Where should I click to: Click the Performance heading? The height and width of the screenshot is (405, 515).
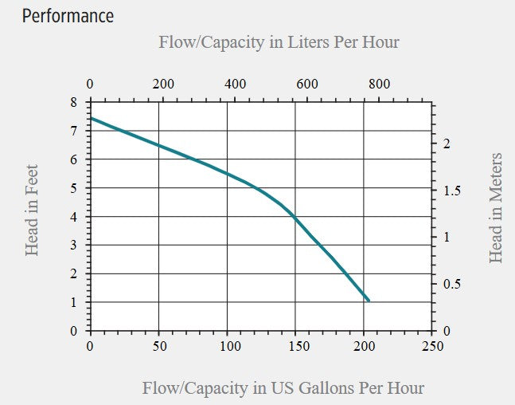click(68, 16)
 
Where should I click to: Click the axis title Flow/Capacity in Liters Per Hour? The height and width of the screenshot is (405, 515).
click(279, 42)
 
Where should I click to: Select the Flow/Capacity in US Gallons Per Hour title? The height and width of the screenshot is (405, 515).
click(283, 388)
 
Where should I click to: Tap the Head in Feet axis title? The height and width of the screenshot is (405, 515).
click(32, 210)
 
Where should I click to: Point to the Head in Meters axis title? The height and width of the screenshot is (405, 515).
click(496, 208)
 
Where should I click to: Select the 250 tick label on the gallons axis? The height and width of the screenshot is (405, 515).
click(433, 346)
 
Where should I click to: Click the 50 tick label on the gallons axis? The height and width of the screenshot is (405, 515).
click(159, 346)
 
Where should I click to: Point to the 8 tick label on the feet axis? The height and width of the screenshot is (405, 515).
click(73, 102)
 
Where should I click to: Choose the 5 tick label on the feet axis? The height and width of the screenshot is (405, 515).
click(73, 188)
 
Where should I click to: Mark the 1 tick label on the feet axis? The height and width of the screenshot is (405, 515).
click(73, 302)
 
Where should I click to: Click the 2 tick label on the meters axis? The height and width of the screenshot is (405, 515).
click(447, 144)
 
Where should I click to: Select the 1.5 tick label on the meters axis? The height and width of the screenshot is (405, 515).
click(451, 191)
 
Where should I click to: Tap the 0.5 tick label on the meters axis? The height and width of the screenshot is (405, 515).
click(451, 284)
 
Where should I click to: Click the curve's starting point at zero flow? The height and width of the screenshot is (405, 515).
click(91, 118)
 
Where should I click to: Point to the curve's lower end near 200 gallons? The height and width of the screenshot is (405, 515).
click(369, 301)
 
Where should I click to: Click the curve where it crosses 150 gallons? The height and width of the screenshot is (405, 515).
click(295, 216)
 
